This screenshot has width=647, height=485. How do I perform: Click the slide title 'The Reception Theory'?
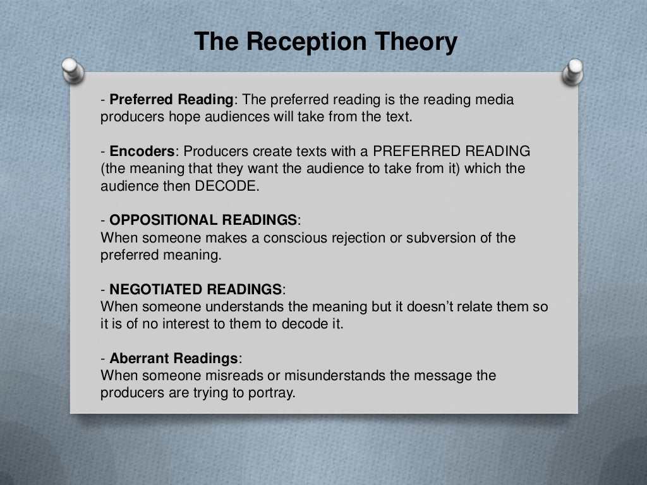coord(325,42)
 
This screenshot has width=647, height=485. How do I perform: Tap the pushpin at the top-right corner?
coord(574,71)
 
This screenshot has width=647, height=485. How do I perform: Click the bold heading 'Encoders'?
coord(142,152)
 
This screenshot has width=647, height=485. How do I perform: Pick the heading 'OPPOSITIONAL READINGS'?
coord(203,220)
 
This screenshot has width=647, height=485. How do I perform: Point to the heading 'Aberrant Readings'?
coord(174,359)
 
